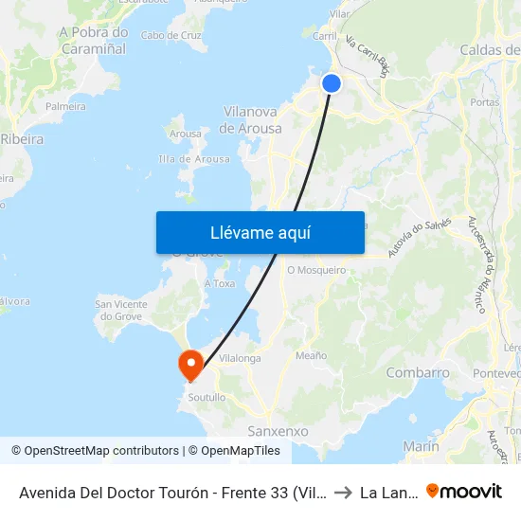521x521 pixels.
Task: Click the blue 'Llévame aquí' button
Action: (260, 232)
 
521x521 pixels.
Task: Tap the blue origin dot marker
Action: (332, 83)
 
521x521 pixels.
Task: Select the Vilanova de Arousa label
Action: (251, 119)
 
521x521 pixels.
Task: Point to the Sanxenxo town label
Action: (278, 431)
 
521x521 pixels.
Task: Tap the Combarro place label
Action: (418, 372)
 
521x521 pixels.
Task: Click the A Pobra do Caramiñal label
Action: (94, 39)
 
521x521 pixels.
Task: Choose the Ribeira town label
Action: (21, 138)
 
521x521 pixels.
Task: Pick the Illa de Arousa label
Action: (194, 159)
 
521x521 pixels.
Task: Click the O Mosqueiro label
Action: (316, 269)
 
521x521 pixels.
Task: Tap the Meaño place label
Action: (311, 355)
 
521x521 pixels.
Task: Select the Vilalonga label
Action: (240, 359)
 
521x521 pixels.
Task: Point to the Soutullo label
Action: (207, 398)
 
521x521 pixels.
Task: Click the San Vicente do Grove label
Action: (121, 310)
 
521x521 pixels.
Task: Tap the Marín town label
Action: (421, 445)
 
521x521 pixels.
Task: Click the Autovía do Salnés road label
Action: (416, 241)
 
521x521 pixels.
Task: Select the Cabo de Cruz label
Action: (171, 35)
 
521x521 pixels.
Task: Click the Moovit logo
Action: (464, 492)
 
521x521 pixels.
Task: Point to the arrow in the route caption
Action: (343, 493)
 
